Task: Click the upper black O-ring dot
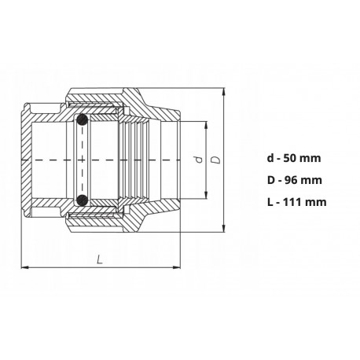click(x=82, y=120)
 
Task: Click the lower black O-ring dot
click(x=82, y=200)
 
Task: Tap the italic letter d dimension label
click(x=200, y=160)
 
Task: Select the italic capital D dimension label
click(x=216, y=160)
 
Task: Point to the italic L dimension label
click(x=100, y=259)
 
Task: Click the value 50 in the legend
click(x=289, y=158)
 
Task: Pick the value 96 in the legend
click(x=290, y=180)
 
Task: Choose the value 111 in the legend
click(x=292, y=202)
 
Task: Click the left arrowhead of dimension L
click(x=24, y=267)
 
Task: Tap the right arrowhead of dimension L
click(x=177, y=267)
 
